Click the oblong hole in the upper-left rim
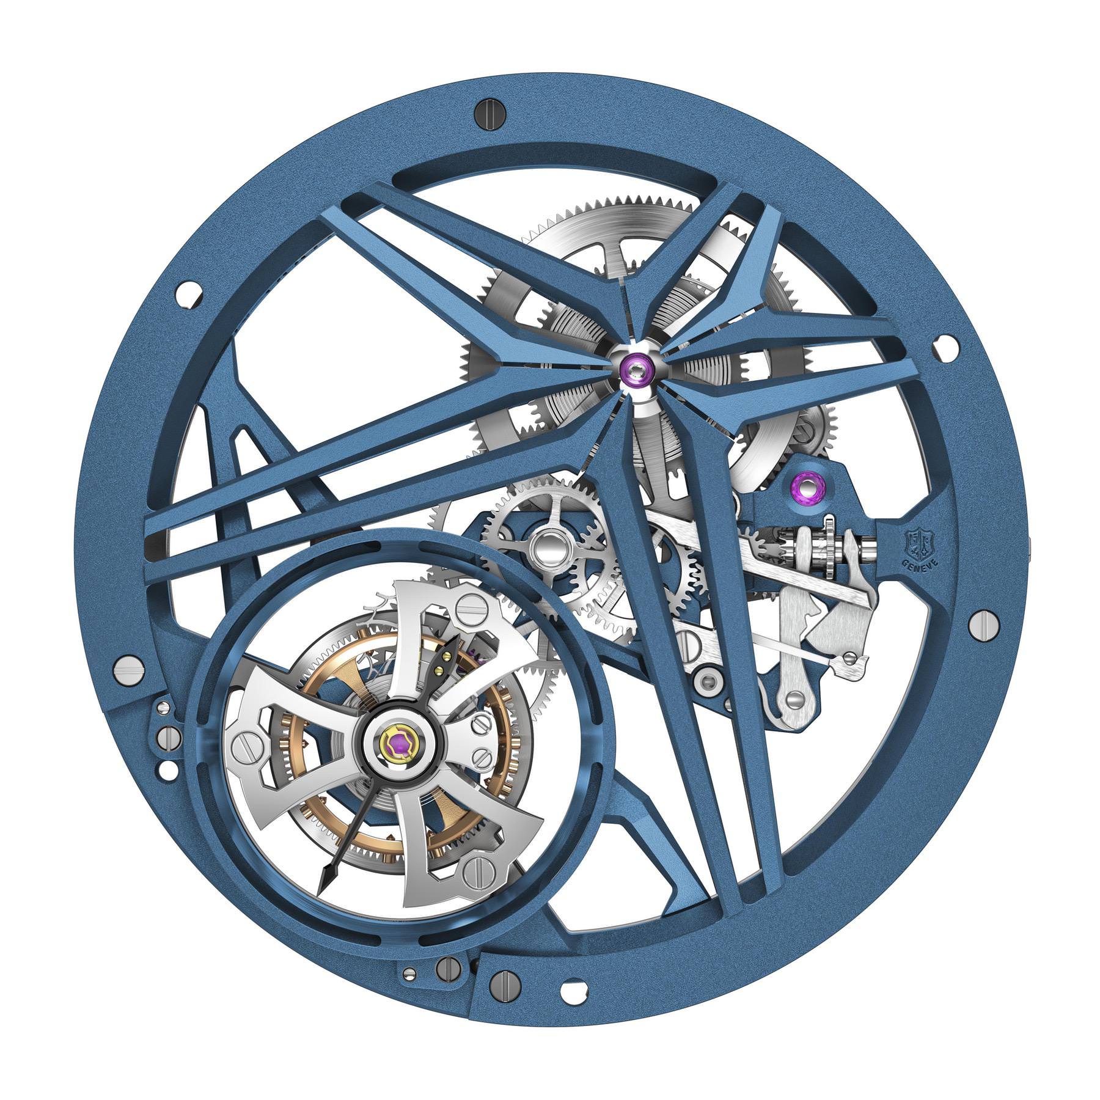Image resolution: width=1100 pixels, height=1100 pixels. [x=187, y=295]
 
